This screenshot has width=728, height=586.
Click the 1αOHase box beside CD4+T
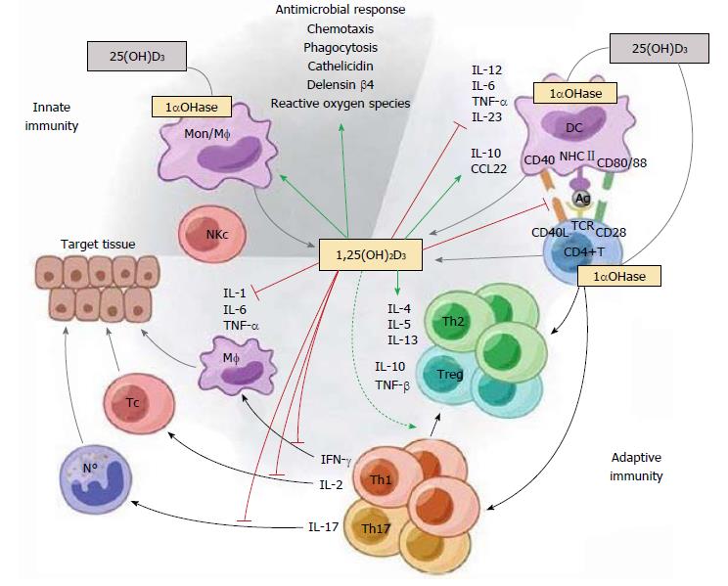pos(618,277)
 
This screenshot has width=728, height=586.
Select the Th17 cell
pos(401,529)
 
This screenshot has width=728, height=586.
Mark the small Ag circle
pos(580,197)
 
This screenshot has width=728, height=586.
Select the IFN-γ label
pos(337,458)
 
